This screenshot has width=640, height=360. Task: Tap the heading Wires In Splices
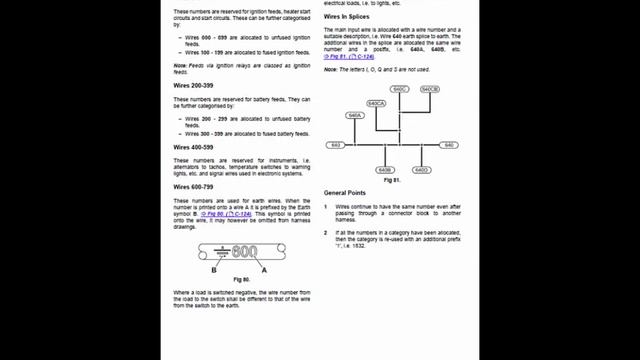(349, 18)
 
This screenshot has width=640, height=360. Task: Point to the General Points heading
(345, 191)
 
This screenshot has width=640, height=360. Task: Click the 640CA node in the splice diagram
(377, 103)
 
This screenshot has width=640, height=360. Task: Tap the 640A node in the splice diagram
(354, 116)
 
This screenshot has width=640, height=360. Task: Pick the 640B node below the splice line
(386, 170)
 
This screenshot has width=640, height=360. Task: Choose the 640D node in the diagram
(421, 170)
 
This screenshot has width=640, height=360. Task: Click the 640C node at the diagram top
(400, 89)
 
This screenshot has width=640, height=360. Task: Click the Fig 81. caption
(391, 180)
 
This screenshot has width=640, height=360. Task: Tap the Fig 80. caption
(240, 279)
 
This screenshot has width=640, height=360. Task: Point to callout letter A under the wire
(264, 270)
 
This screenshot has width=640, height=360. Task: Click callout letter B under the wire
(214, 270)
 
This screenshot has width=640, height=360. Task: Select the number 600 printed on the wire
(245, 251)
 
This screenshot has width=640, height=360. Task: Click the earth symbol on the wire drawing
(224, 251)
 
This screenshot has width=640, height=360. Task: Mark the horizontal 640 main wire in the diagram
(400, 145)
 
